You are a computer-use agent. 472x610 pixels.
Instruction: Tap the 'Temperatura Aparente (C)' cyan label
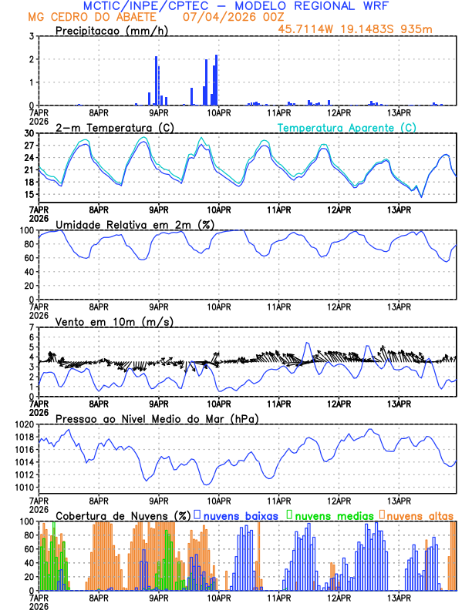pyautogui.click(x=347, y=127)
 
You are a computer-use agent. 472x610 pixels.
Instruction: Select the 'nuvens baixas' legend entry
pyautogui.click(x=234, y=514)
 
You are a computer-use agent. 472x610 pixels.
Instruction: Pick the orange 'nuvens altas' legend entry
pyautogui.click(x=419, y=514)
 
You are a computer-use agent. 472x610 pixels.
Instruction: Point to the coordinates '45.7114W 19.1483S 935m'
pyautogui.click(x=366, y=30)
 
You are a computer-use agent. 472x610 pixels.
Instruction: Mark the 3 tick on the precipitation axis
pyautogui.click(x=32, y=36)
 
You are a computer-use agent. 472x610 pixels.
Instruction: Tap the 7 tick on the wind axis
pyautogui.click(x=32, y=327)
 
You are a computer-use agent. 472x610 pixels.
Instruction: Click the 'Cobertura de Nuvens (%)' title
pyautogui.click(x=123, y=514)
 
